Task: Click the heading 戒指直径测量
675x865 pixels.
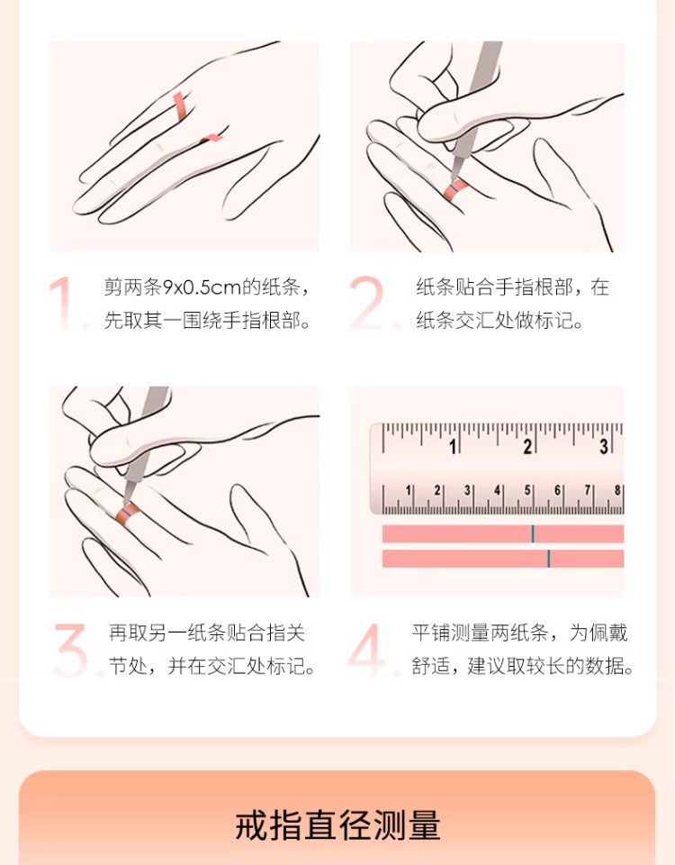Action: (337, 826)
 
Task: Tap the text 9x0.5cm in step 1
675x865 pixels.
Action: (202, 287)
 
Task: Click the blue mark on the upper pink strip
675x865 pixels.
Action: (533, 534)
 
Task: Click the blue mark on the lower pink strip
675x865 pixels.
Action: (549, 559)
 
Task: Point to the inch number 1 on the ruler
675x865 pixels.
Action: (454, 447)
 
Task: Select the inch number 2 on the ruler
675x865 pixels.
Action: (527, 447)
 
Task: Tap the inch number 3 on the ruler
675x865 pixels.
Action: (604, 447)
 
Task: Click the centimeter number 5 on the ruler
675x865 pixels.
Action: (527, 490)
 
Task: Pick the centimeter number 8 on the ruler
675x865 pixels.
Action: (617, 490)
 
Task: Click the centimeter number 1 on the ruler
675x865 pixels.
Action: (409, 490)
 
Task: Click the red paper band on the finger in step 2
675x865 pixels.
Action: (457, 189)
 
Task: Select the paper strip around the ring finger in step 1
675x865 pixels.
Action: (181, 106)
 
